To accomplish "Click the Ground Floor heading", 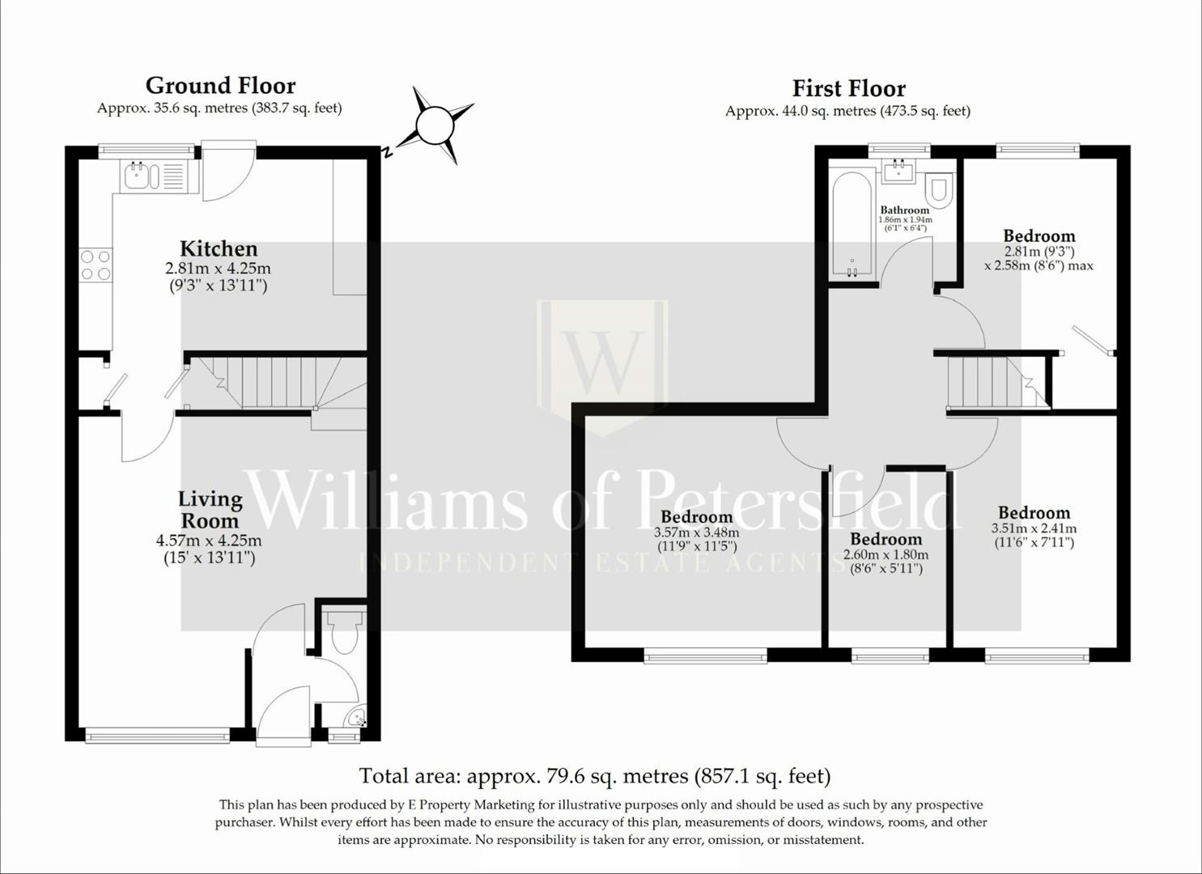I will [220, 86].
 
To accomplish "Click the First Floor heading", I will [848, 88].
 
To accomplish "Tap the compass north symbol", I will [433, 125].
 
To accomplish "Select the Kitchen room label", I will [219, 248].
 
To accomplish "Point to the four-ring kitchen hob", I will [95, 265].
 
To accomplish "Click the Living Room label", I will [210, 510].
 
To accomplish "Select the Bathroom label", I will [905, 210].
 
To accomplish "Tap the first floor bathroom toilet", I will [939, 189].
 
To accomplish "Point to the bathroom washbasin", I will [898, 172].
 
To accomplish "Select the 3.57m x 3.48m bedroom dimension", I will [696, 532].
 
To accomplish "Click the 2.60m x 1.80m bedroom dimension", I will [886, 554].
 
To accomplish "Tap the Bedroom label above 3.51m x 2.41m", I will [1034, 512].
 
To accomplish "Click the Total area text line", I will [595, 776].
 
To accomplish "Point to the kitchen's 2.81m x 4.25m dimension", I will [218, 269].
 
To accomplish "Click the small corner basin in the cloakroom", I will [356, 717].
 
